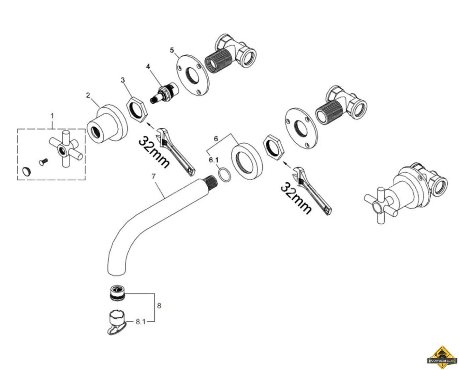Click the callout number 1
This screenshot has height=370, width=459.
tap(52, 116)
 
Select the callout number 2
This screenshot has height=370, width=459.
tap(88, 95)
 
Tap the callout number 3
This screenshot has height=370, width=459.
tap(123, 80)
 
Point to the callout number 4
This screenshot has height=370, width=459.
tap(148, 66)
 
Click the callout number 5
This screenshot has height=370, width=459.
tap(172, 50)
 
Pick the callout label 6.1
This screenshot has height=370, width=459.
tap(214, 160)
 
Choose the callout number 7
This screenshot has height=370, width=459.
tap(154, 176)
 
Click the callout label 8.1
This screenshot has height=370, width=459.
tap(141, 322)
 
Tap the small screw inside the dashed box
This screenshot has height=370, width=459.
tap(43, 162)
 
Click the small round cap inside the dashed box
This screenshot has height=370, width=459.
tap(26, 171)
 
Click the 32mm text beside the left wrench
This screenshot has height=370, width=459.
tap(154, 152)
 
